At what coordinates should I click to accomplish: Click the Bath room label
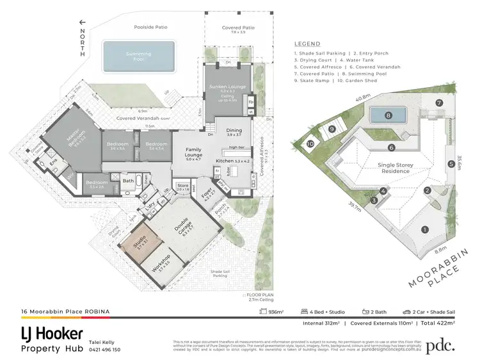tap(129, 181)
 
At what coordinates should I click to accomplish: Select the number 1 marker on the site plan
tap(424, 229)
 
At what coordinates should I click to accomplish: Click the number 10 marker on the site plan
tap(310, 144)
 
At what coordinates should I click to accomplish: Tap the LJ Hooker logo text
tap(51, 334)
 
